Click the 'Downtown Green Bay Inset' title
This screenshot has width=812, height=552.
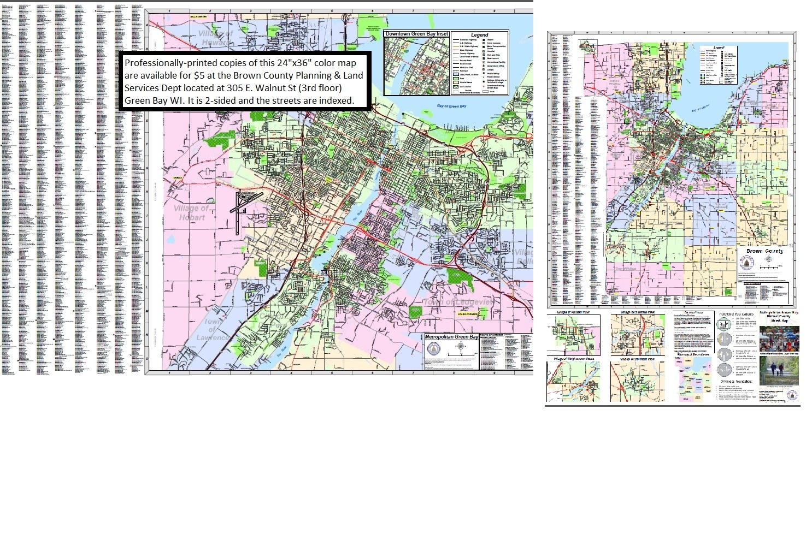coord(416,34)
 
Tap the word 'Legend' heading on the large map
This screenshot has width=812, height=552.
coord(479,35)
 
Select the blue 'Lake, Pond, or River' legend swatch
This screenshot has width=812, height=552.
coord(455,74)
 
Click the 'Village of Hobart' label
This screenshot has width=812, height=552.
coord(191,213)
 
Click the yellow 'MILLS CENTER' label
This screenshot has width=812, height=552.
coord(198,17)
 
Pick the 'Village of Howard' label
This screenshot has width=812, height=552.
coord(216,38)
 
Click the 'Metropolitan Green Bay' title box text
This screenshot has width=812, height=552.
coord(451,337)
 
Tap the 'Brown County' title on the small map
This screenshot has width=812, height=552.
coord(764,251)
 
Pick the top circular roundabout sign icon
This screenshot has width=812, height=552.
coord(723,324)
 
